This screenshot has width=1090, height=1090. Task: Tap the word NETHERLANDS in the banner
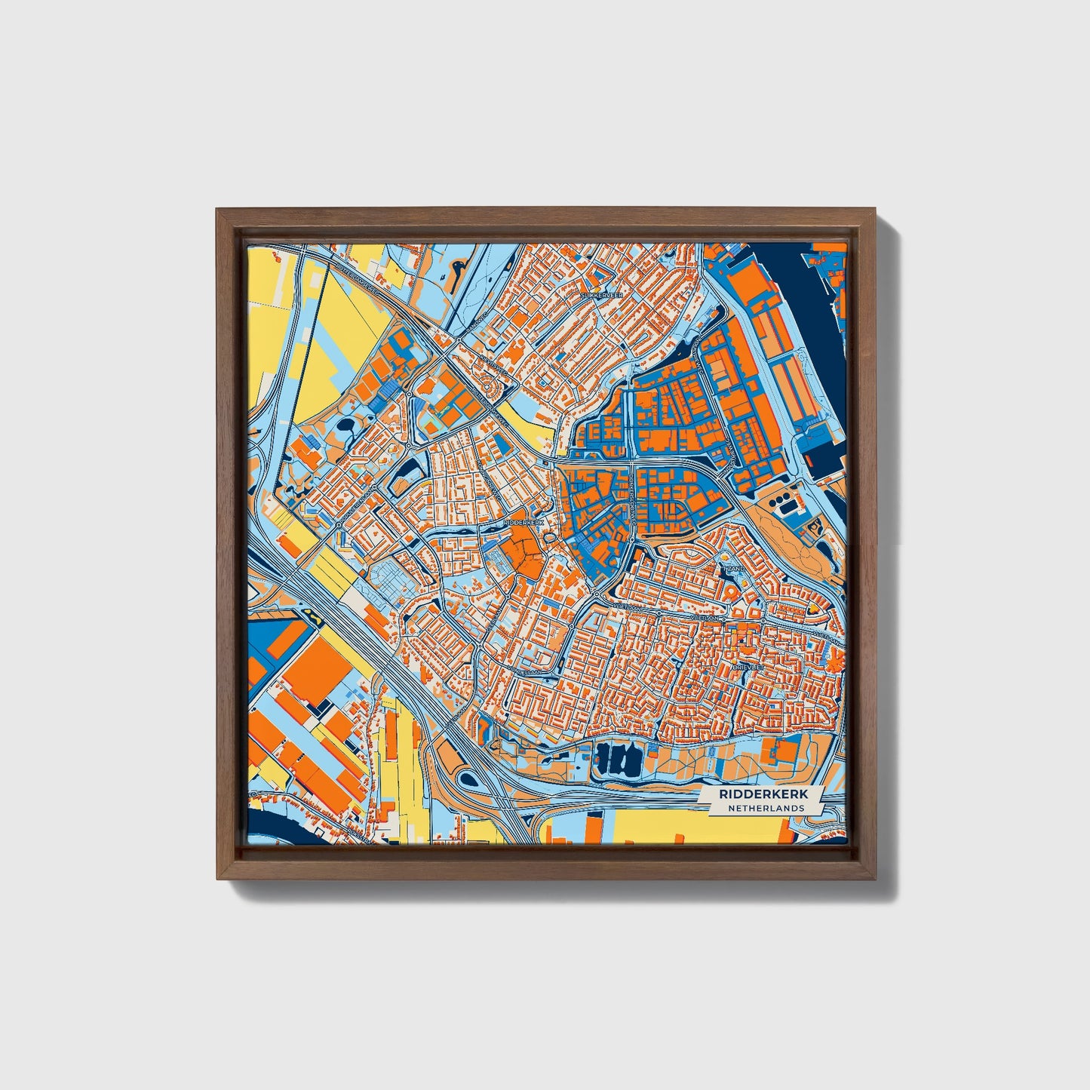pos(766,808)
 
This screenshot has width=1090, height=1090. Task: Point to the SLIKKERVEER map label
pos(601,296)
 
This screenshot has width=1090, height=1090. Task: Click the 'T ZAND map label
pos(732,567)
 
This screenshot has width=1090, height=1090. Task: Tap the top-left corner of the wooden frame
pos(218,210)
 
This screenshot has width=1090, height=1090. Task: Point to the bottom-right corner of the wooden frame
pos(875,878)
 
